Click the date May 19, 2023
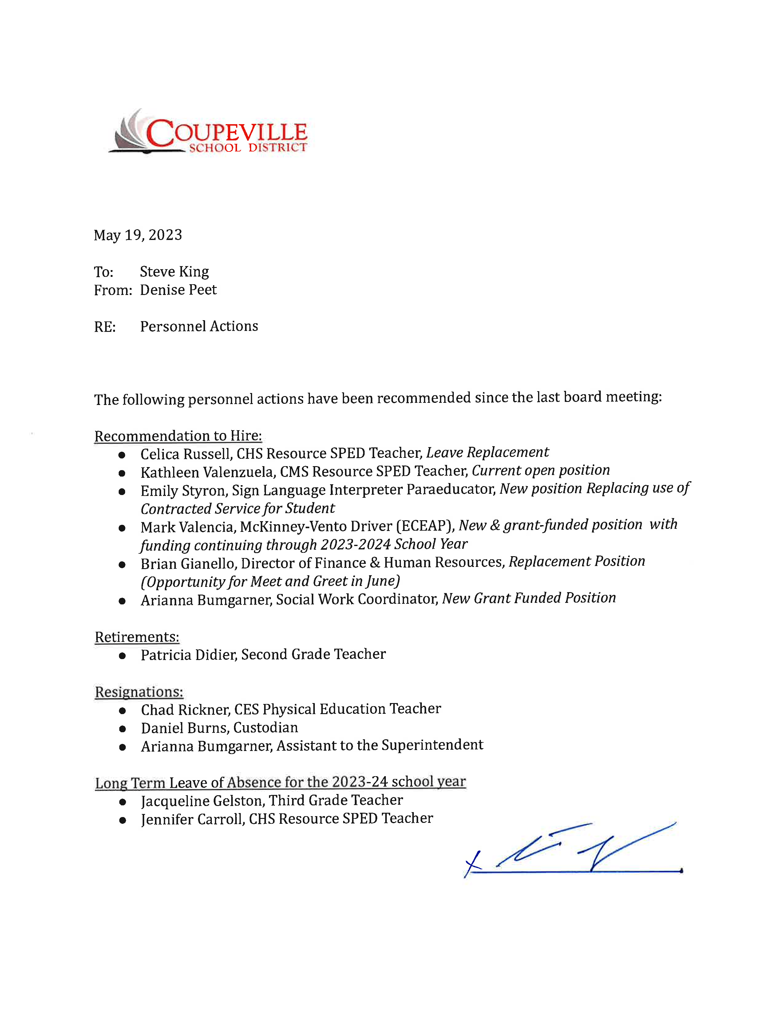coord(138,235)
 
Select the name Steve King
coord(174,272)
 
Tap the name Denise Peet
coord(178,290)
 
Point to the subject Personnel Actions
coord(199,326)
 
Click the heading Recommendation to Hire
coord(178,436)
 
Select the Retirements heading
coord(137,637)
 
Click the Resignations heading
coord(139,692)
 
